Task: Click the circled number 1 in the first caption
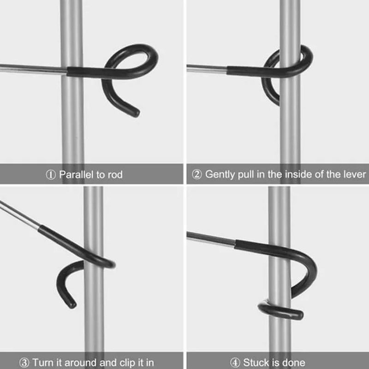pos(51,175)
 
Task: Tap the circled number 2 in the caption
pos(197,175)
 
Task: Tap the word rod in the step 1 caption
pos(114,175)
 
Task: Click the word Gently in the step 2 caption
pos(220,175)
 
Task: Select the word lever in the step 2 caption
pos(355,175)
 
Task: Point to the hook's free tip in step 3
pos(71,304)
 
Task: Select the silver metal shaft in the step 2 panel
pos(205,69)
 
